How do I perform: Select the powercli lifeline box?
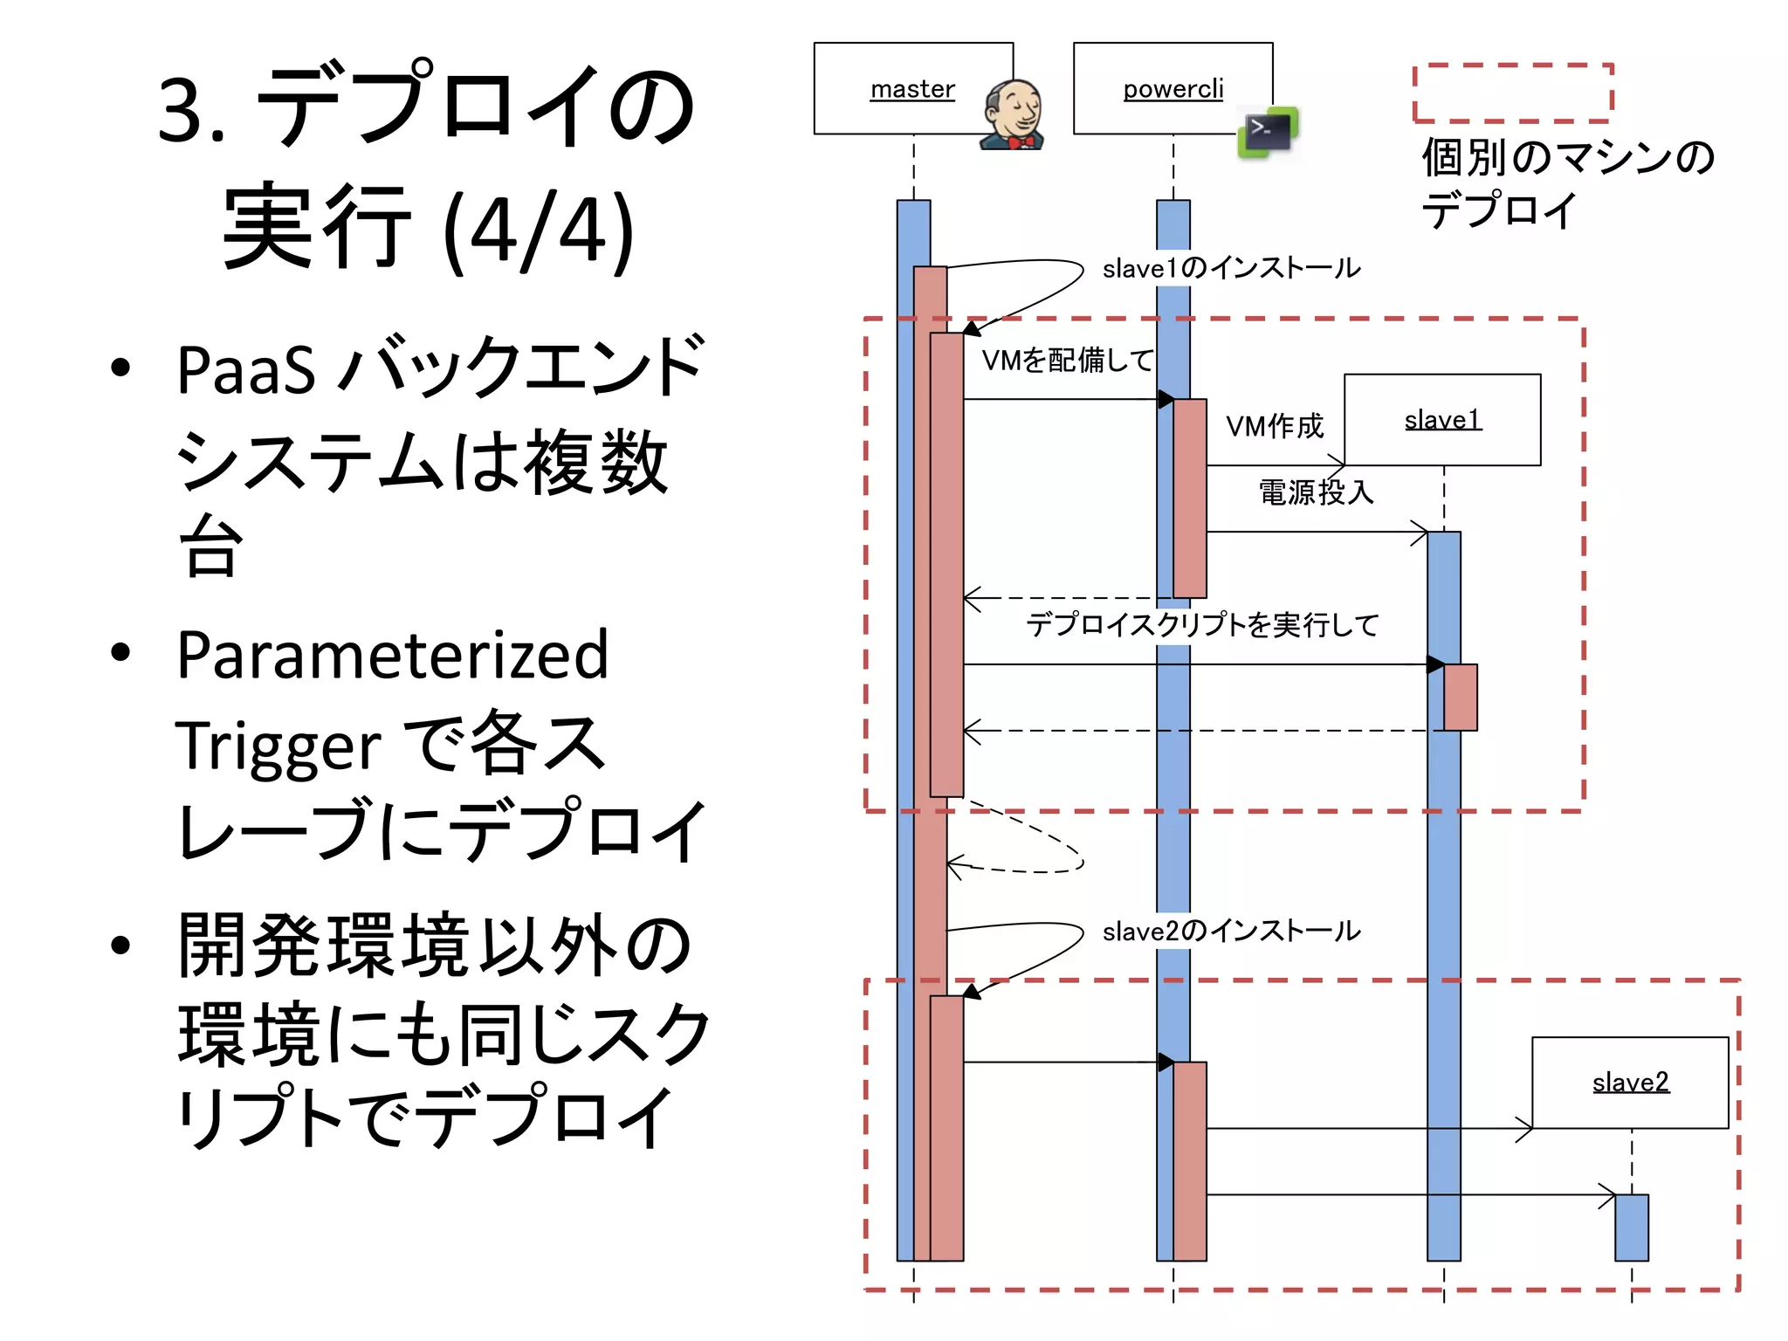(1172, 87)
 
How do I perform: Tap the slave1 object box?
(1442, 420)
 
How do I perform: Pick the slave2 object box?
(1630, 1083)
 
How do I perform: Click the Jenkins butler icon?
(1013, 115)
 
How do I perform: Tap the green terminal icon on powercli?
(1268, 133)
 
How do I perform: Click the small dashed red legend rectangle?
(1513, 93)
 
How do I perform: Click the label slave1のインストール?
(1231, 268)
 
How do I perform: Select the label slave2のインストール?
(1231, 932)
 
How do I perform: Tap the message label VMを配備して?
(1067, 360)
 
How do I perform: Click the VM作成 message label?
(1275, 426)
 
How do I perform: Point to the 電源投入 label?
(1316, 492)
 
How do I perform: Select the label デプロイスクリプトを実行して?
(1202, 624)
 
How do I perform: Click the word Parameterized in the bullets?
(393, 655)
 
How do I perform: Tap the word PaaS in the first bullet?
(246, 370)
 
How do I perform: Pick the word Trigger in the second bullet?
(279, 746)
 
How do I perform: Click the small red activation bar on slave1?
(1461, 697)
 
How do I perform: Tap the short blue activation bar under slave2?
(1631, 1228)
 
